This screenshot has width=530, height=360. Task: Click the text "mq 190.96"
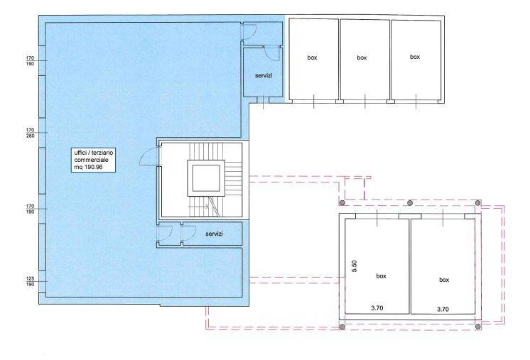point(89,167)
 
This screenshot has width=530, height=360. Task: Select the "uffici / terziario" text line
point(94,153)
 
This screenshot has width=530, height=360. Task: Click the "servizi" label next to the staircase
point(214,234)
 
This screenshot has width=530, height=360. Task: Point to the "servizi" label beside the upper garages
point(264,76)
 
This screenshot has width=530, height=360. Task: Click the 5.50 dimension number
point(355,266)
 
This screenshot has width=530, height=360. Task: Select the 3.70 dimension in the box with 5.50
point(377,308)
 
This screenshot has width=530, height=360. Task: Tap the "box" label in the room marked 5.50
point(381,276)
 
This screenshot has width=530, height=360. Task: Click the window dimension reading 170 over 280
point(30,133)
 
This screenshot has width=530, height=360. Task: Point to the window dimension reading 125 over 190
point(30,281)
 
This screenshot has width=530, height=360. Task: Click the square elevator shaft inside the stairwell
point(206,178)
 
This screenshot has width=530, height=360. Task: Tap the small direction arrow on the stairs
point(199,207)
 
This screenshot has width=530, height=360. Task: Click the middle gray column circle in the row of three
point(410,203)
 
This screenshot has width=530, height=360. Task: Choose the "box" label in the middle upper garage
point(362,58)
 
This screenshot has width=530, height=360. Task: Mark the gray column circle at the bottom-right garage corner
point(477,327)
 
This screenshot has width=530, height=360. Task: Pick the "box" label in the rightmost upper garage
point(415,57)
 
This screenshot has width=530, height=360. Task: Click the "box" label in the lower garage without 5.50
point(444,280)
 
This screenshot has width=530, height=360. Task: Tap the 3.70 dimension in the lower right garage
point(443,309)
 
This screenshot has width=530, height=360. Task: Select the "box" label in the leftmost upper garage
point(312,58)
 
